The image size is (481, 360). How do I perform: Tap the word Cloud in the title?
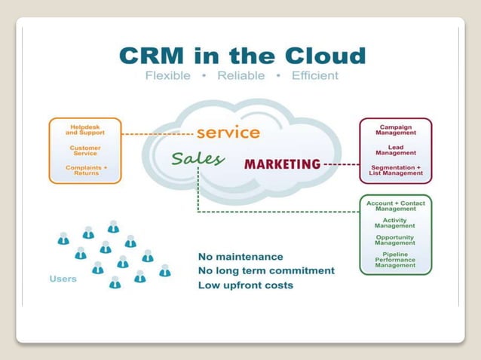coord(325,56)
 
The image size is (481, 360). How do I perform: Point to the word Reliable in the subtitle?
coord(242,76)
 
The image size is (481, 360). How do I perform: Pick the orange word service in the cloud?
coord(228,133)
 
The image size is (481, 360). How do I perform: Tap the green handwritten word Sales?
coord(198,159)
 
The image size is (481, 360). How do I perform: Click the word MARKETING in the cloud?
coord(282,164)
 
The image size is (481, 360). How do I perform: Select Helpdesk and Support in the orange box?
coord(85,131)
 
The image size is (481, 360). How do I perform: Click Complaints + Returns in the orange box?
coord(86,169)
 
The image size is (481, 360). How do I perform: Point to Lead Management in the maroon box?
coord(396,151)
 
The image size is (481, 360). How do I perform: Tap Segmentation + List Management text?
coord(396,170)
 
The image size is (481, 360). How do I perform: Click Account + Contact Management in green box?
coord(396,206)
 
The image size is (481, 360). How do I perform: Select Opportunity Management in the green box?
coord(396,240)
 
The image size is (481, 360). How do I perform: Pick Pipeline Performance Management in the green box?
coord(396,260)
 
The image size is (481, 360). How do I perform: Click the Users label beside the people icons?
coord(63,279)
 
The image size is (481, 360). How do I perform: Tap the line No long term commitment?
coord(266,271)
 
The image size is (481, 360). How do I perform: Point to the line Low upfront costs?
coord(246,285)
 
